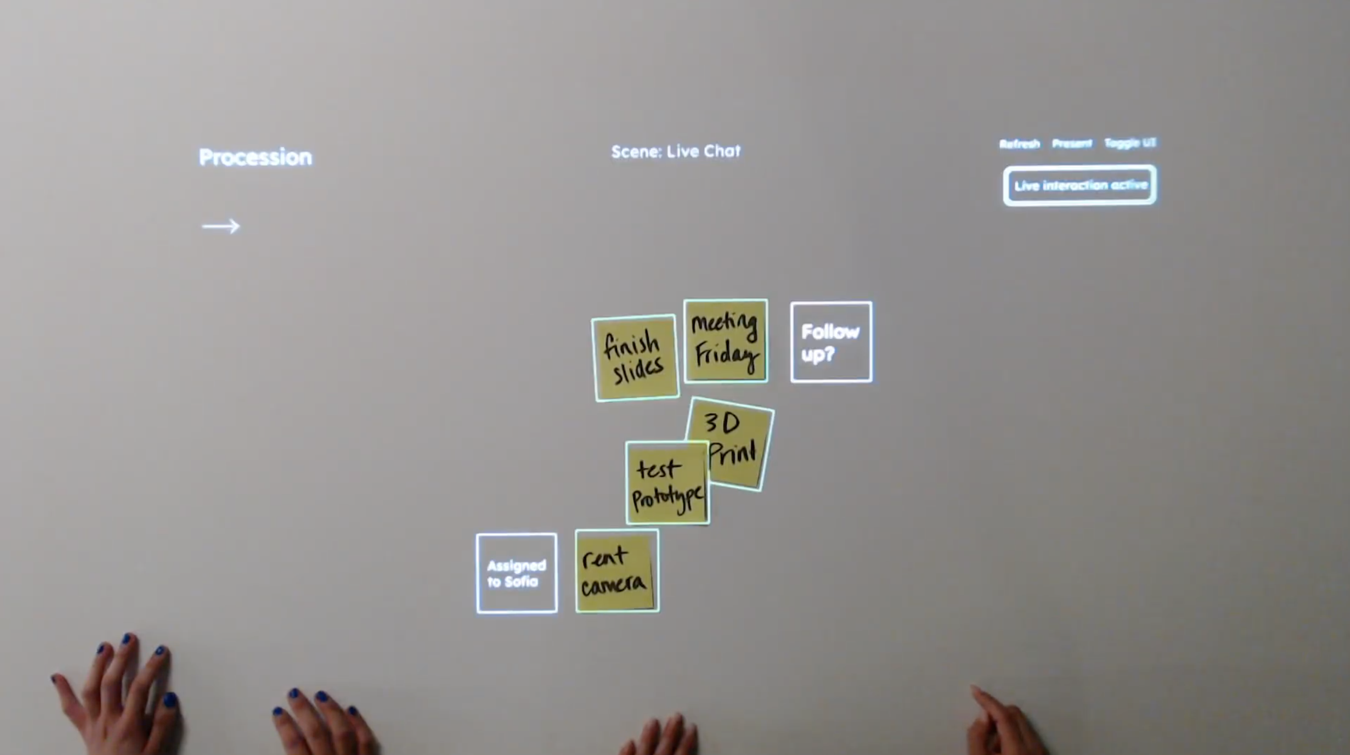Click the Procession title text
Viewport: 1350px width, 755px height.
[x=255, y=157]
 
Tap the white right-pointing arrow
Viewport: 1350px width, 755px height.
[x=221, y=226]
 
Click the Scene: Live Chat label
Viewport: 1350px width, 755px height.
[x=676, y=152]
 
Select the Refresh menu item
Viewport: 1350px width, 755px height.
[x=1019, y=144]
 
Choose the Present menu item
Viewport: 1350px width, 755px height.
[x=1072, y=143]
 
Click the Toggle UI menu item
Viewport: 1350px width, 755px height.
[x=1130, y=143]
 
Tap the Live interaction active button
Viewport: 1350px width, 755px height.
[x=1080, y=185]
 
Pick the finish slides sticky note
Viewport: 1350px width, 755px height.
[x=635, y=358]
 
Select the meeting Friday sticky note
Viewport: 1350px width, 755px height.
[x=725, y=341]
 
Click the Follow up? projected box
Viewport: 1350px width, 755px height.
[x=831, y=342]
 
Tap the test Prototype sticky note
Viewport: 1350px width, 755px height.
[x=667, y=483]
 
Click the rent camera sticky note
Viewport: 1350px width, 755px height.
[x=617, y=571]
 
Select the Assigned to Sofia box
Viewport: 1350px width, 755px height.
[x=517, y=574]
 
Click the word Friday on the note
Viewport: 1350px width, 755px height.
[x=726, y=356]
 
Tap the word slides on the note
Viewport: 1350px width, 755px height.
[x=638, y=370]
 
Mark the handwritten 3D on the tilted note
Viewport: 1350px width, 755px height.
[x=722, y=423]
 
